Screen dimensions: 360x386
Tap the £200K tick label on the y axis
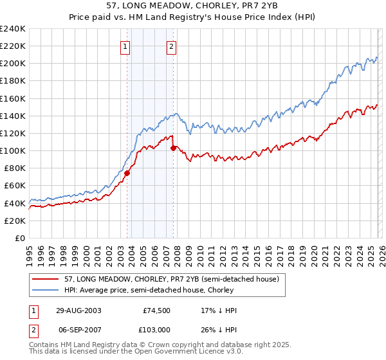(x=13, y=64)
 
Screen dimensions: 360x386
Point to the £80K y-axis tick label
(x=15, y=168)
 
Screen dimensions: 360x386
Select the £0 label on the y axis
(x=20, y=238)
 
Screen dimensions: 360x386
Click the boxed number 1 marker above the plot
(x=125, y=46)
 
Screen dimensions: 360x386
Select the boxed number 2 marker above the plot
(x=172, y=46)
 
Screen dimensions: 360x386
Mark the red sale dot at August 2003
(x=127, y=172)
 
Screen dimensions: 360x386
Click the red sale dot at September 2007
(x=173, y=148)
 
